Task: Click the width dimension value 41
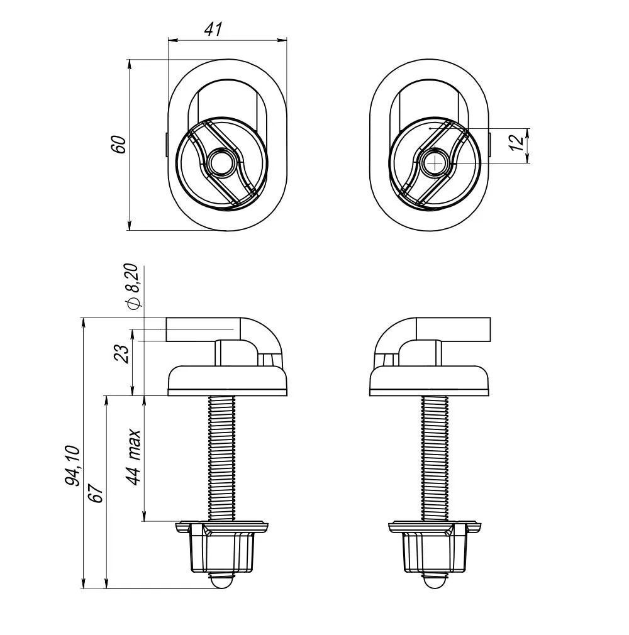click(213, 28)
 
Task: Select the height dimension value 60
click(119, 144)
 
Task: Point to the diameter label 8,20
click(133, 286)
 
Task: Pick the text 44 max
click(133, 457)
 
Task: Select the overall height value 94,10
click(72, 465)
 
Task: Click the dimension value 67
click(95, 493)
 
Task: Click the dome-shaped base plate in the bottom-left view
click(228, 379)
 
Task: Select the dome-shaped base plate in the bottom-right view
click(429, 379)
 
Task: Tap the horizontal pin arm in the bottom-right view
click(459, 329)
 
